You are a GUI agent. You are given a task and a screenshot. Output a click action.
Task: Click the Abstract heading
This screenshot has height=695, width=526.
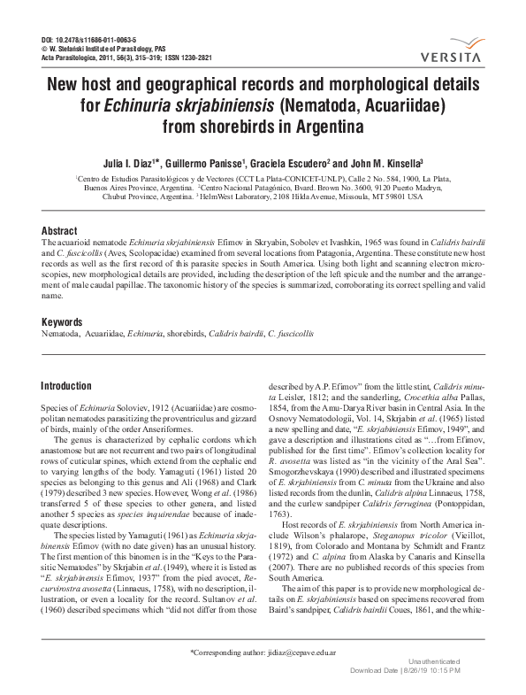click(x=60, y=231)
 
